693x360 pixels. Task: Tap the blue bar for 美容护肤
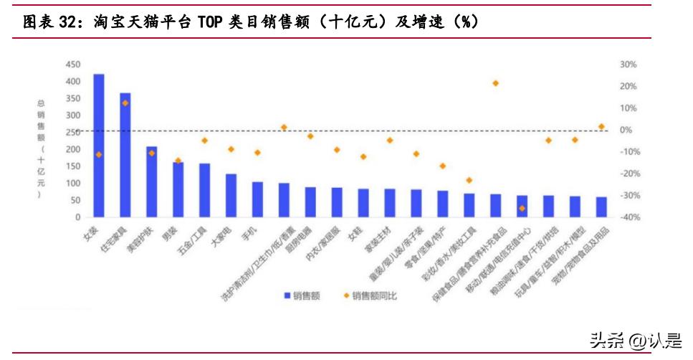pyautogui.click(x=152, y=182)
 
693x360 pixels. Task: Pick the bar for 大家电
pyautogui.click(x=231, y=195)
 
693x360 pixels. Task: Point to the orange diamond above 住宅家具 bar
pyautogui.click(x=125, y=103)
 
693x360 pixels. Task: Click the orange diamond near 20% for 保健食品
pyautogui.click(x=495, y=83)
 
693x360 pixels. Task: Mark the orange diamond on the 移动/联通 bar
pyautogui.click(x=522, y=208)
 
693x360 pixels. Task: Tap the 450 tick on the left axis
pyautogui.click(x=72, y=65)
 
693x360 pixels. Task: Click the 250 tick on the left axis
pyautogui.click(x=72, y=133)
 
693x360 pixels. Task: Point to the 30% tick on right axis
pyautogui.click(x=628, y=65)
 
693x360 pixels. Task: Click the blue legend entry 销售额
pyautogui.click(x=305, y=295)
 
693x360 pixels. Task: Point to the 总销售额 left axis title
pyautogui.click(x=42, y=147)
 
